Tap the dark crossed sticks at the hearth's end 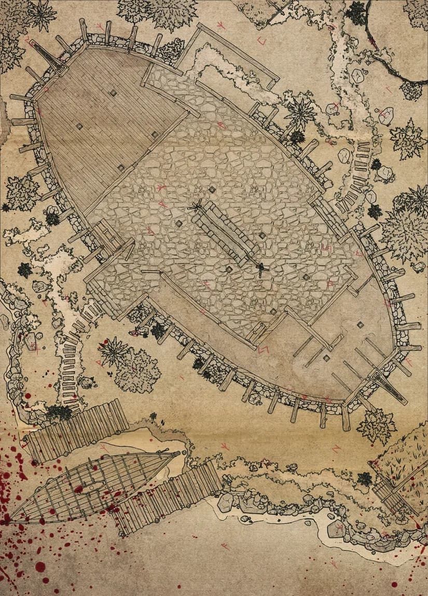[x=261, y=268]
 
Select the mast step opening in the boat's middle [x=93, y=487]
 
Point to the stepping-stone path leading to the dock [x=70, y=358]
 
